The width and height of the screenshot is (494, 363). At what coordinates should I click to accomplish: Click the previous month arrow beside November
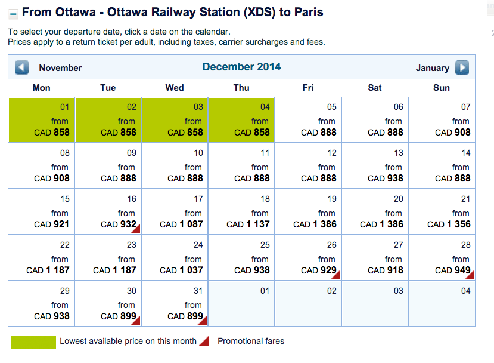pyautogui.click(x=22, y=67)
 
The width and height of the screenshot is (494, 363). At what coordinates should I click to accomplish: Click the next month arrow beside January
pyautogui.click(x=462, y=67)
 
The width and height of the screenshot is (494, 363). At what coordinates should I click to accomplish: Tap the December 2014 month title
pyautogui.click(x=241, y=67)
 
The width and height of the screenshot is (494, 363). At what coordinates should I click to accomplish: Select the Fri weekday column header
pyautogui.click(x=308, y=88)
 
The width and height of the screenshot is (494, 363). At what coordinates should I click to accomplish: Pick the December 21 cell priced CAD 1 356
pyautogui.click(x=442, y=212)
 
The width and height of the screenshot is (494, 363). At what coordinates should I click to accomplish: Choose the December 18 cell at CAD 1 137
pyautogui.click(x=241, y=212)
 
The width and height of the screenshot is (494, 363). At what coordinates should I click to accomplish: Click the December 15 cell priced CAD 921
pyautogui.click(x=41, y=212)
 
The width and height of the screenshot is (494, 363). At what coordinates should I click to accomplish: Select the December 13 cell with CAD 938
pyautogui.click(x=375, y=166)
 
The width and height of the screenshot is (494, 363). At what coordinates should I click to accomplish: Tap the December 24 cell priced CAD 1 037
pyautogui.click(x=175, y=258)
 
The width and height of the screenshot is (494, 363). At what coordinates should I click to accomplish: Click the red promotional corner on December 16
pyautogui.click(x=136, y=228)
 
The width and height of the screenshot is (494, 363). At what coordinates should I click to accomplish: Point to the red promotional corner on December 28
pyautogui.click(x=470, y=274)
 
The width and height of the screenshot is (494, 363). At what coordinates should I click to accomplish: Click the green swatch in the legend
pyautogui.click(x=33, y=342)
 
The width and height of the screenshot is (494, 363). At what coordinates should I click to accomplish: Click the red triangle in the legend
pyautogui.click(x=204, y=341)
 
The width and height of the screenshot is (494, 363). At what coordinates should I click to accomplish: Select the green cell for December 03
pyautogui.click(x=175, y=120)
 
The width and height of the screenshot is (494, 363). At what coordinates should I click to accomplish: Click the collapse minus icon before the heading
pyautogui.click(x=14, y=14)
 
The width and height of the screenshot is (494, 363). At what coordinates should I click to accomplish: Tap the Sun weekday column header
pyautogui.click(x=442, y=88)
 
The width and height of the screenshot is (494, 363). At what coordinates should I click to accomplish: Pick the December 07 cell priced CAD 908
pyautogui.click(x=442, y=120)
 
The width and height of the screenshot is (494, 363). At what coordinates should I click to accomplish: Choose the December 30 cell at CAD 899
pyautogui.click(x=108, y=304)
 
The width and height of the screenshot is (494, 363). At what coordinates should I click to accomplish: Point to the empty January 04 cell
pyautogui.click(x=442, y=304)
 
